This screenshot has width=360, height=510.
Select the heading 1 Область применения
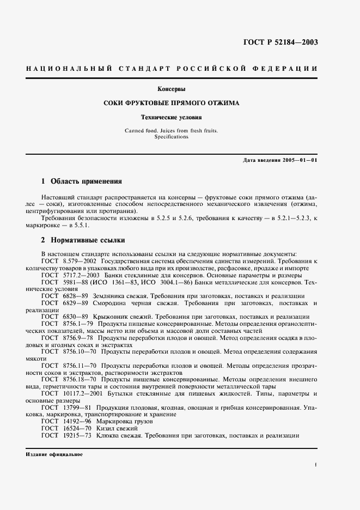click(x=82, y=181)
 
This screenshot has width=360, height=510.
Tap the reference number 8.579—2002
click(x=75, y=261)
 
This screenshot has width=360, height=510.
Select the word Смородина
click(x=114, y=302)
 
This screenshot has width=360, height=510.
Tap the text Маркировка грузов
click(x=125, y=421)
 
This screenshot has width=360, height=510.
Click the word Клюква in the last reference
click(x=107, y=435)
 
